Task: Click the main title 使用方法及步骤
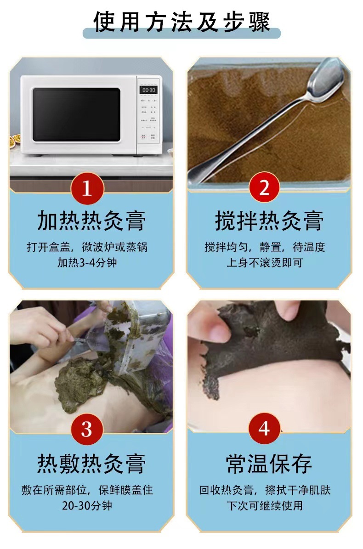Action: point(181,22)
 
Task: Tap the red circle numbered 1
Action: point(87,188)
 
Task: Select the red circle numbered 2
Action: point(264,187)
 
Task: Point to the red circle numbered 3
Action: point(87,429)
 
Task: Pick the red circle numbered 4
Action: point(264,428)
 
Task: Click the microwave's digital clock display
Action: point(148,90)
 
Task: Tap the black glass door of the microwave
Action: point(77,114)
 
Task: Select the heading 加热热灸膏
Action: point(91,221)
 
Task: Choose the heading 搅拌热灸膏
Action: point(269,221)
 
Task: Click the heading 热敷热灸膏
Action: point(91,463)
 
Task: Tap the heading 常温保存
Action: point(269,463)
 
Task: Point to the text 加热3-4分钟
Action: point(87,262)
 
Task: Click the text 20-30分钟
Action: point(87,505)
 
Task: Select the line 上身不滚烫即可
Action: point(265,262)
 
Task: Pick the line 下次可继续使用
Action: point(265,505)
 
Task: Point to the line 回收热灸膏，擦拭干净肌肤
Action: point(265,490)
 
